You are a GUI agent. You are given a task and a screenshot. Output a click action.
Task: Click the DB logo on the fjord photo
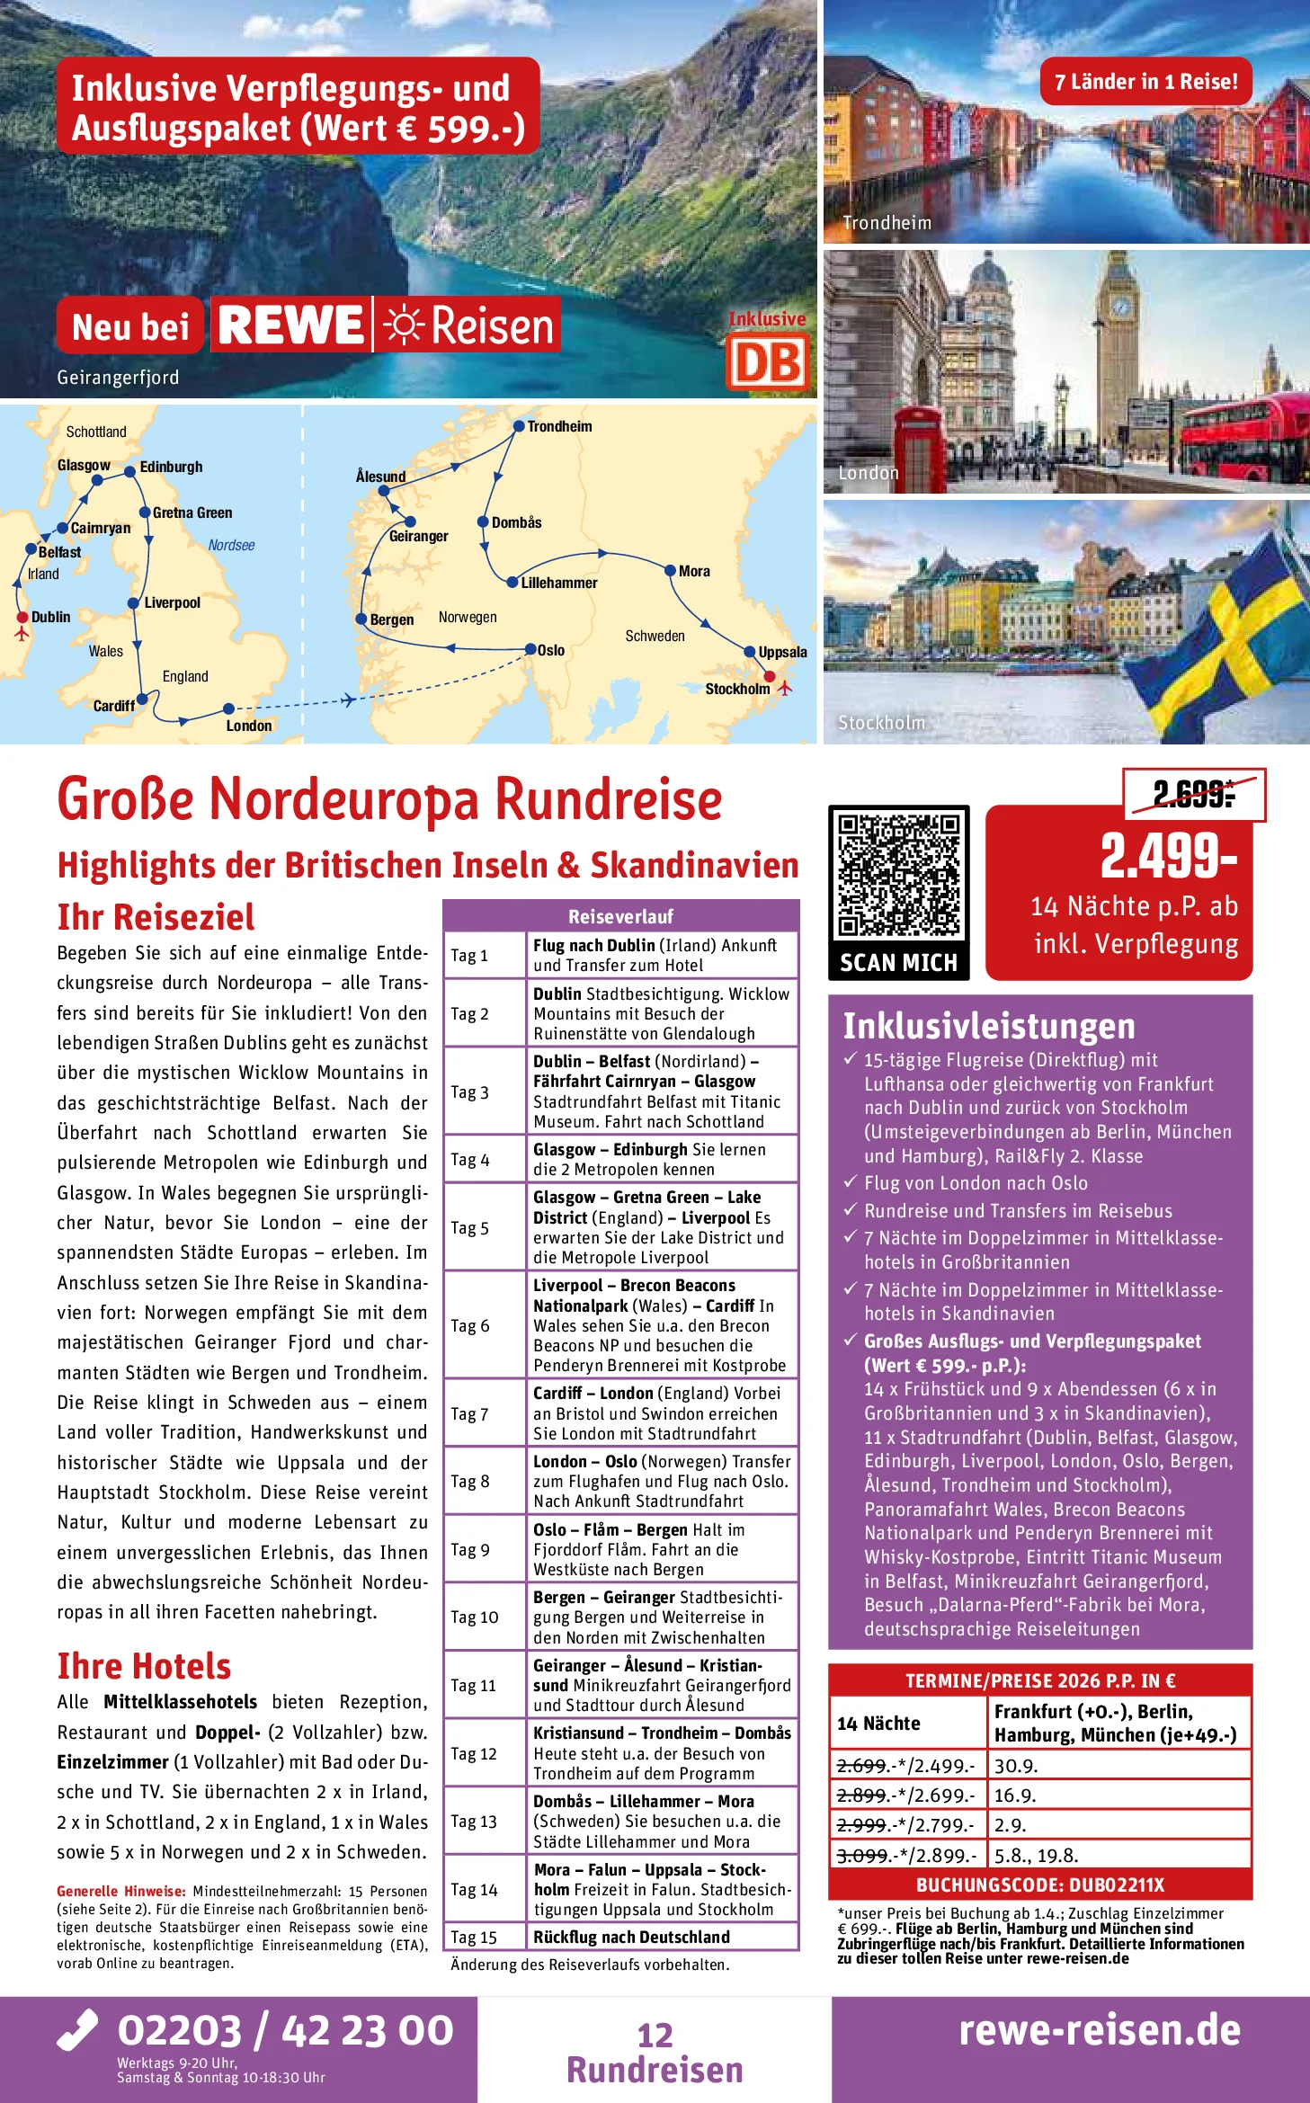(x=767, y=361)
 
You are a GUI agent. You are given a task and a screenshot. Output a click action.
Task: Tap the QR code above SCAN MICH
(x=898, y=875)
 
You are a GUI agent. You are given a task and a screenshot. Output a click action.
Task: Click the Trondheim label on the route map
(x=559, y=426)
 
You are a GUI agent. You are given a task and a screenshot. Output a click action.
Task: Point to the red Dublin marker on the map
(x=22, y=618)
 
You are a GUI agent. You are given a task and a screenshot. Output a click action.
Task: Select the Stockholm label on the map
(x=737, y=689)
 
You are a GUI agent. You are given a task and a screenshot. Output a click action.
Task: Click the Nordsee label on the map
(x=231, y=545)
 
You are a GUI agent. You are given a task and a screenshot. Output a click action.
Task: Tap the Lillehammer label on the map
(x=558, y=583)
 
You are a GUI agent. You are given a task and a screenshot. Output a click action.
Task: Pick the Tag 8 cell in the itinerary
(x=470, y=1481)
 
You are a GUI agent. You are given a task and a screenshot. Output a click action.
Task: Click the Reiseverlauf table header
(x=620, y=916)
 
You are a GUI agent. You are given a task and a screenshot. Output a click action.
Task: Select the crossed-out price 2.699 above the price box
(x=1193, y=794)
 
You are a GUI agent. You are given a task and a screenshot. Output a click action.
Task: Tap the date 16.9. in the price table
(x=1016, y=1795)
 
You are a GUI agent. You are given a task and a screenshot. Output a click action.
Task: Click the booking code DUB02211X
(x=1039, y=1885)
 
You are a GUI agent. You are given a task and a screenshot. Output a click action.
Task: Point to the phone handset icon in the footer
(x=77, y=2030)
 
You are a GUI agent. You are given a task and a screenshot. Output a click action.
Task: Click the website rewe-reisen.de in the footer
(x=1099, y=2030)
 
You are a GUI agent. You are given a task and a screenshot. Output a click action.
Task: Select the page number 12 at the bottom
(x=655, y=2035)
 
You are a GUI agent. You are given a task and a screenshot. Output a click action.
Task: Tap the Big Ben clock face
(x=1121, y=307)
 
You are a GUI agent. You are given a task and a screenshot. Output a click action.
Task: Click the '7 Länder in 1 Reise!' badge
(x=1145, y=82)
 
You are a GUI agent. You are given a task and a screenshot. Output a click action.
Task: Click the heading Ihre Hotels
(x=144, y=1666)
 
